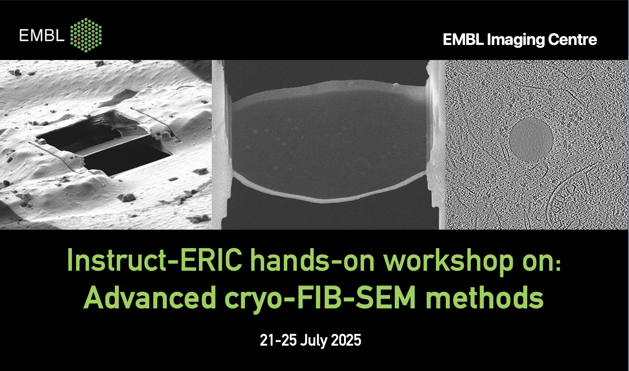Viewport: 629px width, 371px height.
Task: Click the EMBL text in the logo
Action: [x=42, y=35]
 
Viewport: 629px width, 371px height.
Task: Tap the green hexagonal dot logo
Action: [x=86, y=35]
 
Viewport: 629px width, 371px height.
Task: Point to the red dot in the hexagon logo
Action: [x=79, y=39]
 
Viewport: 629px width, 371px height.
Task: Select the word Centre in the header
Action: [x=573, y=40]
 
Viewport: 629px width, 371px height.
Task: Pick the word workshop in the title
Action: [x=449, y=262]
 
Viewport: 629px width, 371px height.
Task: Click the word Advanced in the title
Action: [x=150, y=297]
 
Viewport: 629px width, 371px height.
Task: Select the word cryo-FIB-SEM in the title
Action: [x=320, y=299]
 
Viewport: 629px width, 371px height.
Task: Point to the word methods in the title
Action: [x=484, y=297]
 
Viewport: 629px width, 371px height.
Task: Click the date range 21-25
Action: [x=278, y=340]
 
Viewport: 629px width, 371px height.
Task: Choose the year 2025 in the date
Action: [x=346, y=340]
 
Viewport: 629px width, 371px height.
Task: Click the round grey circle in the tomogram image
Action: [x=531, y=139]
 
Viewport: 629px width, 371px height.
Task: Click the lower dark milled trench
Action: [x=126, y=158]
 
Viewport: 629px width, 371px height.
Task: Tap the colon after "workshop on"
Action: [x=558, y=264]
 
